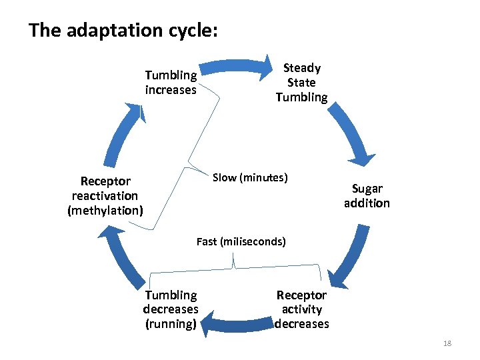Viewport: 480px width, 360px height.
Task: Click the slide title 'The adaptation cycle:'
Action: click(123, 31)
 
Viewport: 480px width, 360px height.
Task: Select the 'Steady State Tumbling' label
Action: click(302, 83)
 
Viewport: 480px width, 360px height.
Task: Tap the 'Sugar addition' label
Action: click(367, 196)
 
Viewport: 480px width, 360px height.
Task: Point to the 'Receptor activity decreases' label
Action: click(302, 309)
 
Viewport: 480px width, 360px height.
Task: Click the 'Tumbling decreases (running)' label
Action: click(171, 309)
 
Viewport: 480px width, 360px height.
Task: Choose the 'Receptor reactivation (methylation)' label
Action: click(105, 196)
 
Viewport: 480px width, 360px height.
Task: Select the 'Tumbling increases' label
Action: click(171, 83)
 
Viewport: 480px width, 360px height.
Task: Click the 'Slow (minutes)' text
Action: click(250, 177)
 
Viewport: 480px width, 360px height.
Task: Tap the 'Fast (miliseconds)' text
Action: click(241, 241)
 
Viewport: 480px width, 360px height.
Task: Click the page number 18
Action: click(447, 343)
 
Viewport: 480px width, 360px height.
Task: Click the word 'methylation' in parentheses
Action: click(105, 211)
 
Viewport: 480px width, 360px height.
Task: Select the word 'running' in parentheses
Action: click(171, 325)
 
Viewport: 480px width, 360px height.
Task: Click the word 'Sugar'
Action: click(367, 189)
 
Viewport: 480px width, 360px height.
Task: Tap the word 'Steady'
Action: click(302, 68)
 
